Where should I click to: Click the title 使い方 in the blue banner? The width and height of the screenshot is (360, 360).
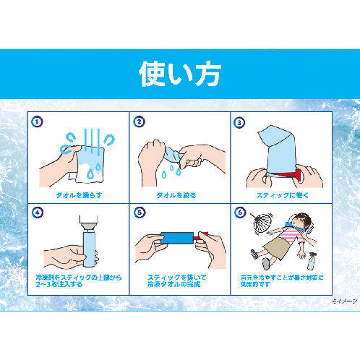pyautogui.click(x=180, y=74)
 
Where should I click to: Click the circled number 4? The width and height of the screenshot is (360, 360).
pyautogui.click(x=36, y=213)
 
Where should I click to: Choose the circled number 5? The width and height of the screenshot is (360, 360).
pyautogui.click(x=138, y=213)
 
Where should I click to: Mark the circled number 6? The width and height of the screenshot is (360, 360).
pyautogui.click(x=239, y=213)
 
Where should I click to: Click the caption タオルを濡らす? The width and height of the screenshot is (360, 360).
pyautogui.click(x=78, y=195)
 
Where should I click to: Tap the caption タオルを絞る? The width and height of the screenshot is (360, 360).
pyautogui.click(x=179, y=195)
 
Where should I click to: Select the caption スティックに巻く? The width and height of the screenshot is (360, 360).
pyautogui.click(x=281, y=195)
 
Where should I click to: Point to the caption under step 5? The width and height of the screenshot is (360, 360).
pyautogui.click(x=179, y=281)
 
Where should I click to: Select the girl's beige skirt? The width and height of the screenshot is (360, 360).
pyautogui.click(x=278, y=250)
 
